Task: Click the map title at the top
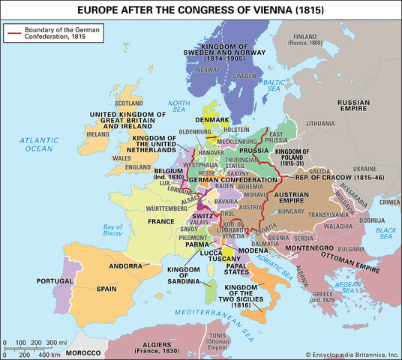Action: tap(201, 10)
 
